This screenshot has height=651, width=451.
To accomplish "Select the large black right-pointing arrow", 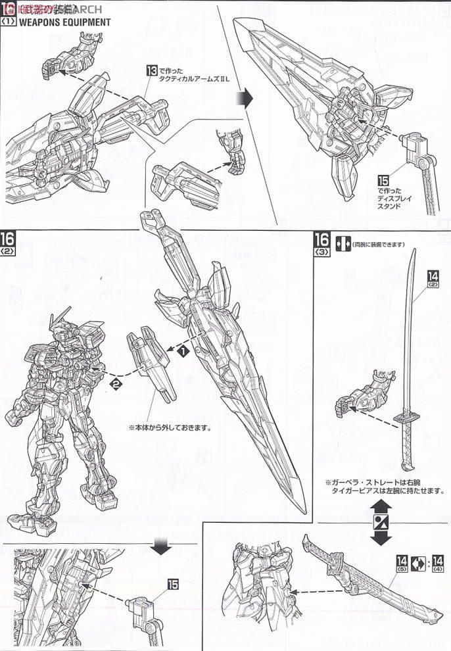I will tap(245, 99).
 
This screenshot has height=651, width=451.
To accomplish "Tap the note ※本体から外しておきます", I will tap(170, 427).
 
